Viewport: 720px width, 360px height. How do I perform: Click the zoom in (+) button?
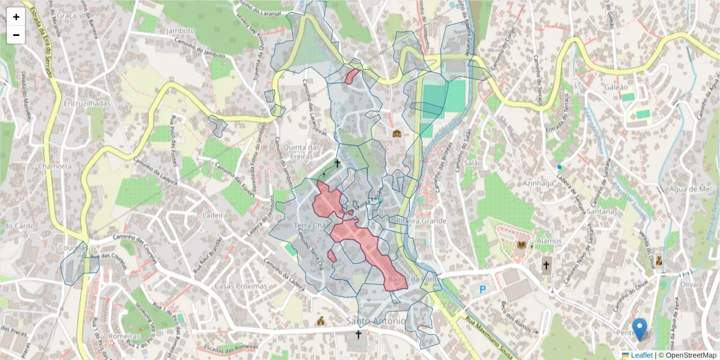pyautogui.click(x=16, y=17)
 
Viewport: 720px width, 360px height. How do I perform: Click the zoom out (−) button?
pyautogui.click(x=16, y=35)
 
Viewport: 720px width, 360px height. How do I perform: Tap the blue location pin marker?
pyautogui.click(x=640, y=329)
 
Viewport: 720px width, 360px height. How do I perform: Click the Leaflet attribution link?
pyautogui.click(x=641, y=355)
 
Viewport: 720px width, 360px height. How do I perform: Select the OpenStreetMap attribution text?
pyautogui.click(x=691, y=355)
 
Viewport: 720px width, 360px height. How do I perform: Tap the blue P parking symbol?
pyautogui.click(x=483, y=289)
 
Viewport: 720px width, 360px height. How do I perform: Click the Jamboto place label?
pyautogui.click(x=181, y=31)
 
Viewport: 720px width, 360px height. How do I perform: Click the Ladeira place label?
pyautogui.click(x=215, y=214)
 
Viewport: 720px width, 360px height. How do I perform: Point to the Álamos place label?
pyautogui.click(x=549, y=241)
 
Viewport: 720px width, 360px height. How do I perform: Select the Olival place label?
pyautogui.click(x=691, y=284)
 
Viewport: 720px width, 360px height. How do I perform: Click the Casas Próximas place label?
pyautogui.click(x=241, y=286)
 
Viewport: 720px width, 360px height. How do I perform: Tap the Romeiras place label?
pyautogui.click(x=125, y=337)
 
